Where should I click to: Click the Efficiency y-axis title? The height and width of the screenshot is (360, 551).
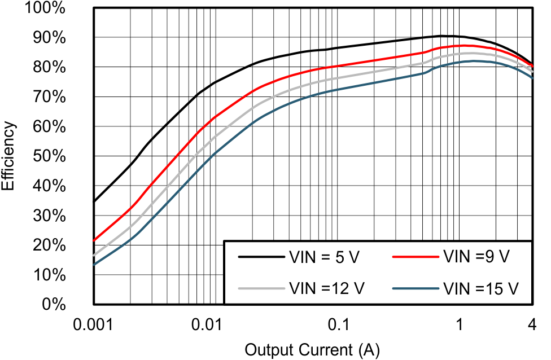point(9,156)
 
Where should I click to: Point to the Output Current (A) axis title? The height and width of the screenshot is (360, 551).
point(312,350)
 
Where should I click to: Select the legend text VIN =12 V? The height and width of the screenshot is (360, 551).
point(327,288)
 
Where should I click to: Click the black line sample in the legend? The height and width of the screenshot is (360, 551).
point(260,257)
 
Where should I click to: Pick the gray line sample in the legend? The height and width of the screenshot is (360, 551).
point(260,288)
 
